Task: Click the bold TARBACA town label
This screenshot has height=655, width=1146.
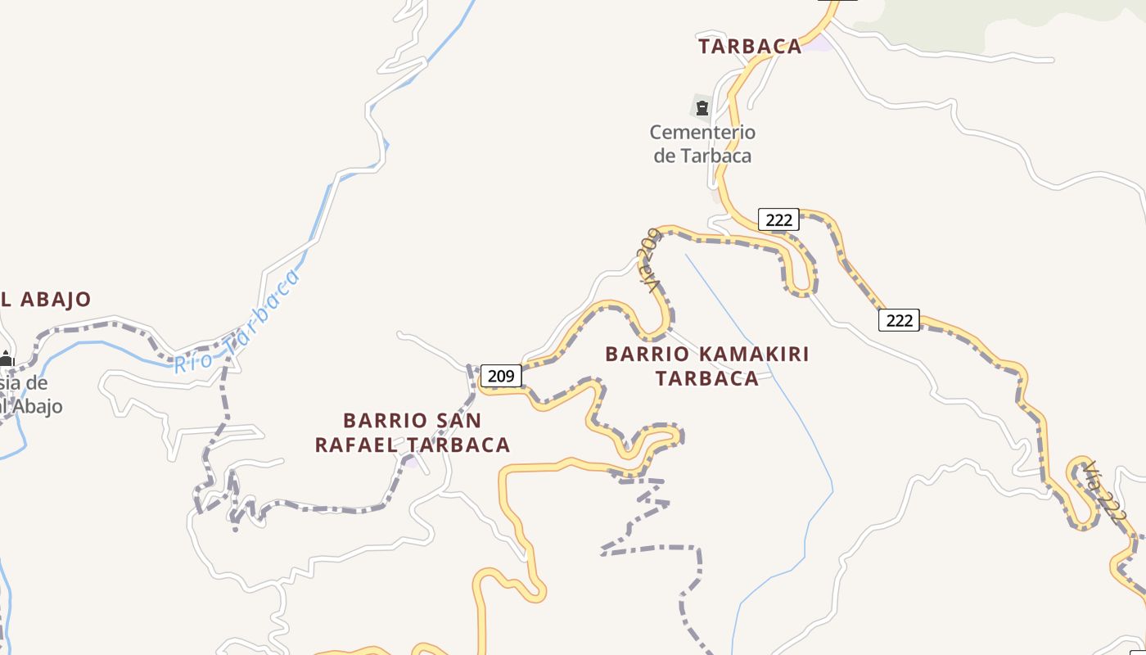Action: pyautogui.click(x=750, y=47)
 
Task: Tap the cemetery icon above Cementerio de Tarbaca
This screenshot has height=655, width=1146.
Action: pyautogui.click(x=702, y=106)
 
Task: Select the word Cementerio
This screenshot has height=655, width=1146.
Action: pyautogui.click(x=702, y=132)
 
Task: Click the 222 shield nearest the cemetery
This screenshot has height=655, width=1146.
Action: pyautogui.click(x=778, y=219)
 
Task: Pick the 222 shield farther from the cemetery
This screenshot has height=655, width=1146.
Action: pyautogui.click(x=899, y=320)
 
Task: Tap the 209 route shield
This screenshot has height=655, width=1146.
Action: pyautogui.click(x=500, y=376)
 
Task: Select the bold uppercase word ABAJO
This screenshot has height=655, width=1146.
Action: pyautogui.click(x=55, y=300)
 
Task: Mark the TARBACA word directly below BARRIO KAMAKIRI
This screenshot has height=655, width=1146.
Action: pyautogui.click(x=707, y=379)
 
